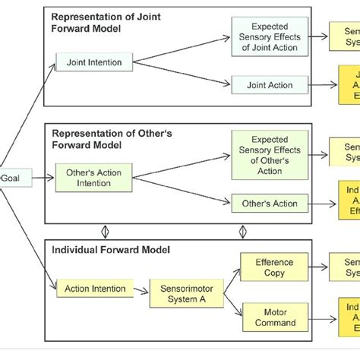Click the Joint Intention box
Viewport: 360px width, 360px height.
click(x=94, y=63)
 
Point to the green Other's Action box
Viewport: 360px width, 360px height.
click(x=269, y=203)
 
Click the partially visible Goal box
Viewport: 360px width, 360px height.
click(x=10, y=177)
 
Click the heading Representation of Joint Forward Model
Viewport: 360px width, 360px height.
click(x=114, y=21)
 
